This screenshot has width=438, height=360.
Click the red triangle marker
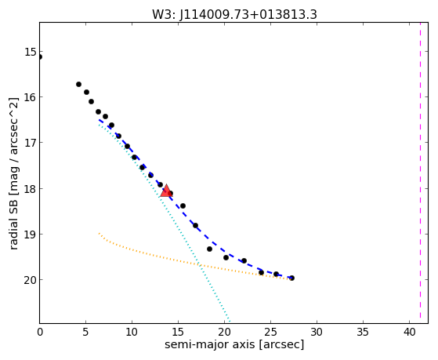(x=166, y=191)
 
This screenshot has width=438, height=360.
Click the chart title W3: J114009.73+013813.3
(x=234, y=14)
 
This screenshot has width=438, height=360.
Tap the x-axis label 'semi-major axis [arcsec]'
(x=234, y=344)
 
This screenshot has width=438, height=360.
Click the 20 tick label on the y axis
(x=30, y=280)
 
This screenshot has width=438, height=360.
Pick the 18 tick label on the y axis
(x=30, y=188)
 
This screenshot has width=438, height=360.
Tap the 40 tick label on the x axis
(x=409, y=333)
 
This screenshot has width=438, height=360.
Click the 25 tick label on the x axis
(x=270, y=333)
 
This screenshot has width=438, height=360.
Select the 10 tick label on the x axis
(x=132, y=333)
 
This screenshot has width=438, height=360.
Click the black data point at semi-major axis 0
(x=40, y=57)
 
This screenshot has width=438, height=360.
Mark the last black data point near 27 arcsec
(x=292, y=278)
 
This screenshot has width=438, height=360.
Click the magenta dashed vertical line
(x=421, y=173)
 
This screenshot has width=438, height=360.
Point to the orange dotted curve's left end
(x=99, y=233)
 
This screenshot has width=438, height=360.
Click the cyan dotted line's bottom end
(x=230, y=322)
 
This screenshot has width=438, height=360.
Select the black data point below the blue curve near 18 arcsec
(x=209, y=249)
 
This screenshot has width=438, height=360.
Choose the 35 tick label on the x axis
(x=363, y=333)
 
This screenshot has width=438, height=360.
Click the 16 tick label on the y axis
(x=30, y=97)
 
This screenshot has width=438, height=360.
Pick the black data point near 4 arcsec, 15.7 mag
(x=79, y=84)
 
